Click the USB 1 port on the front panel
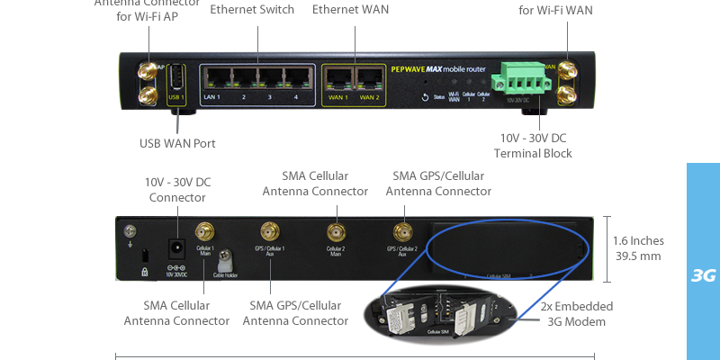point(177,78)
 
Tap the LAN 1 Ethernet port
point(213,78)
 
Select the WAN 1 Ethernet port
point(337,80)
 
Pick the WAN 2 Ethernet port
point(368,80)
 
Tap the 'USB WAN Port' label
point(177,143)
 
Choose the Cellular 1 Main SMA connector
point(205,233)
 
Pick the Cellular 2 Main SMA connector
point(336,233)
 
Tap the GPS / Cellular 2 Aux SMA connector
point(402,233)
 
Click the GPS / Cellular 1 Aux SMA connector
point(268,233)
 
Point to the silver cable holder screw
point(228,259)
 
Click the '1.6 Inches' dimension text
point(637,240)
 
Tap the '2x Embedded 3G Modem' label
point(573,313)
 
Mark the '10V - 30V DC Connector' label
point(177,190)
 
